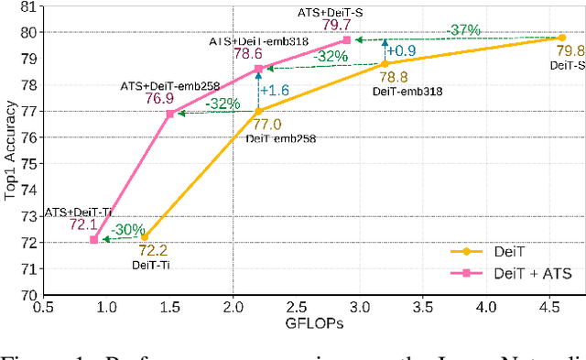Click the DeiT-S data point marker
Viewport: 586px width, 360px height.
pos(561,38)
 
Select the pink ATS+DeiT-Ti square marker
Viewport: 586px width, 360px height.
pos(93,240)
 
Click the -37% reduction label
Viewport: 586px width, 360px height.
pos(464,29)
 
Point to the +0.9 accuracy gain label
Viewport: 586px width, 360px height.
pos(406,51)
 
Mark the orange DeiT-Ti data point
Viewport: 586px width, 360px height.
pos(144,236)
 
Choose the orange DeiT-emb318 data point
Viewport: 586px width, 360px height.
pos(385,64)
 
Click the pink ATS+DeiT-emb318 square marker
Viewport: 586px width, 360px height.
pos(258,69)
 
